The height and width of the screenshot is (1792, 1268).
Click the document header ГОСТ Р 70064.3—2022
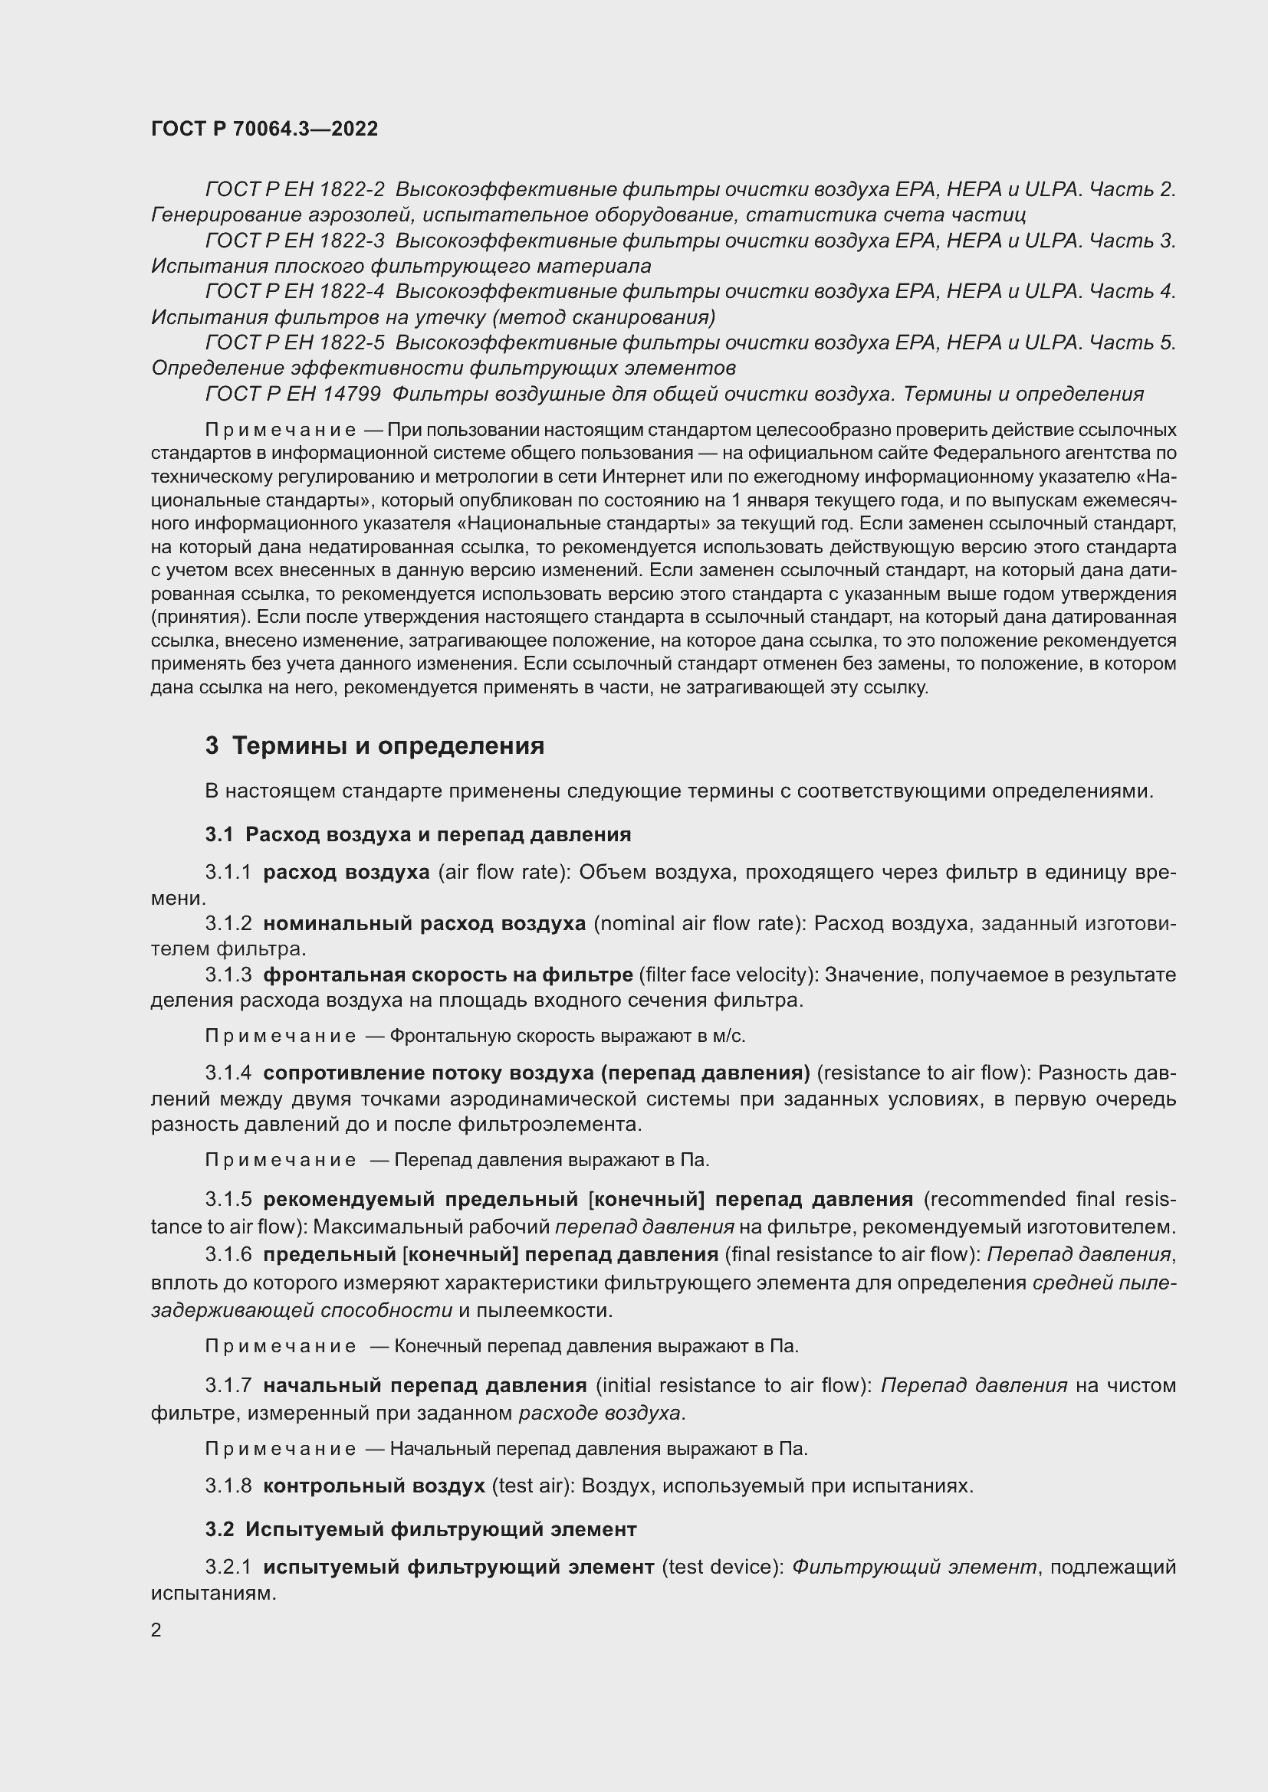[264, 129]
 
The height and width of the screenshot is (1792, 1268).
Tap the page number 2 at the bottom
[156, 1630]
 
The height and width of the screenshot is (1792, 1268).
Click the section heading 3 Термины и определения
[375, 746]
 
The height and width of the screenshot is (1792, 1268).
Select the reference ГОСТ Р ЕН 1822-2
[294, 190]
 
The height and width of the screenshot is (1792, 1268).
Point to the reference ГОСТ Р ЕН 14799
[293, 394]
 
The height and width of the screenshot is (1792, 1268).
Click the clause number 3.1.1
[228, 872]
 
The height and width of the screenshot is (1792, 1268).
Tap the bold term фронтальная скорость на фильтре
[448, 975]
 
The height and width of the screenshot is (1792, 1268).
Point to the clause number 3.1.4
[228, 1073]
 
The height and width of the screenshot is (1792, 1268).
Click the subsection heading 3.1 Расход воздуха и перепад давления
[418, 834]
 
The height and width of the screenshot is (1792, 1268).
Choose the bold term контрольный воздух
[374, 1486]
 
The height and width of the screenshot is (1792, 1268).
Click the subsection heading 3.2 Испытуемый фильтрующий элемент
[421, 1529]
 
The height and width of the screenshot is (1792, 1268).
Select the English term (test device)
[722, 1567]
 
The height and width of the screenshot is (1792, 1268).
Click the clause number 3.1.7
[228, 1385]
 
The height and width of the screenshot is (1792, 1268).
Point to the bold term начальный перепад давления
[425, 1385]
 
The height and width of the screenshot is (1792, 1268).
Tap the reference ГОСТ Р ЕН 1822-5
[294, 342]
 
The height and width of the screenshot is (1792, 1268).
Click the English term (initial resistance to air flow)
[734, 1385]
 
